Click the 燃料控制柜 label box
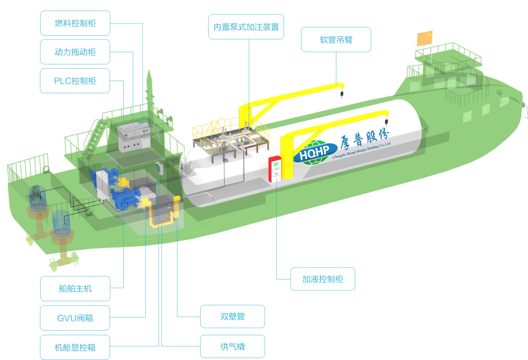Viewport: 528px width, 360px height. tap(75, 23)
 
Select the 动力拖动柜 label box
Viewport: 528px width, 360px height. tap(75, 52)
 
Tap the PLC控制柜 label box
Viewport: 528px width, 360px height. tap(75, 81)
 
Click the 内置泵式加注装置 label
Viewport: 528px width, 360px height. tap(246, 27)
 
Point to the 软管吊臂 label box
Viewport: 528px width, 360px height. tap(336, 40)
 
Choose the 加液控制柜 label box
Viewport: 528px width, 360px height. tap(322, 279)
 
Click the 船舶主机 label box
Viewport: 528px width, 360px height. tap(75, 288)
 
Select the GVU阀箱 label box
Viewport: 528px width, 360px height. tap(75, 318)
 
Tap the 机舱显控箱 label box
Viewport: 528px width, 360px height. tap(75, 347)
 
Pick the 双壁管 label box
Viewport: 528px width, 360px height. tap(232, 316)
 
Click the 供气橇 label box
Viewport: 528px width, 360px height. tap(232, 346)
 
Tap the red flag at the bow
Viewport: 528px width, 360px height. tap(425, 38)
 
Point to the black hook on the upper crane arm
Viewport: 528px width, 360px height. tap(342, 94)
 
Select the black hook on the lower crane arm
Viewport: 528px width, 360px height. tap(386, 122)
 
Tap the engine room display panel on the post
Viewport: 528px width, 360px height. tap(158, 168)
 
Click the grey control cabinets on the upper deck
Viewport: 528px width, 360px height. tap(134, 137)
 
